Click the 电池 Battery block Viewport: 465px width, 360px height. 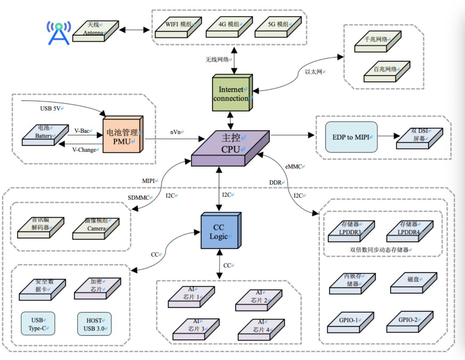coord(45,133)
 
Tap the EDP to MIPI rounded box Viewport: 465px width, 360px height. coord(351,137)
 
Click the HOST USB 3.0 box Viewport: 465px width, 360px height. coord(94,324)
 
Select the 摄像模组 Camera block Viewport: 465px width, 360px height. coord(95,226)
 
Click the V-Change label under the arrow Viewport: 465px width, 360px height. coord(84,150)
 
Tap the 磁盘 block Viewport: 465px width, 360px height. coord(412,280)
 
